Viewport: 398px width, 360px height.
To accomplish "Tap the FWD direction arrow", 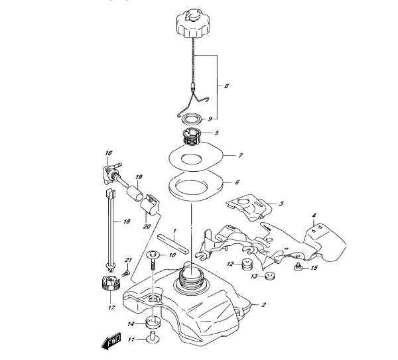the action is pos(111,341).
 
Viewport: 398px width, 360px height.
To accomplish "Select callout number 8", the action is pos(226,86).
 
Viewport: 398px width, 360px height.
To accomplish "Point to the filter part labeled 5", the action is pos(192,137).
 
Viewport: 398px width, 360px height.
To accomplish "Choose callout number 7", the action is pos(240,156).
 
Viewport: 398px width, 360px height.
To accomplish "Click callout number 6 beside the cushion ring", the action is pos(237,182).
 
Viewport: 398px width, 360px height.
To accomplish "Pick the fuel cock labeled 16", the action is pos(111,172).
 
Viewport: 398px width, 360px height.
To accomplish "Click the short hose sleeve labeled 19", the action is pos(135,194).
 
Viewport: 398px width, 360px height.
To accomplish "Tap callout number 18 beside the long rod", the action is pos(127,221).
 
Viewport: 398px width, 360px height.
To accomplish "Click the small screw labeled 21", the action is pos(126,273).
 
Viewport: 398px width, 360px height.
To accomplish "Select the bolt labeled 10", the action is pos(153,261).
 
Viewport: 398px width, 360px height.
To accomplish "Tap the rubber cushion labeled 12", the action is pos(247,265).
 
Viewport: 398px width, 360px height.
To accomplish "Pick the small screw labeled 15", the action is pos(298,267).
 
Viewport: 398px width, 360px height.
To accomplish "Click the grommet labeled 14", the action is pos(153,322).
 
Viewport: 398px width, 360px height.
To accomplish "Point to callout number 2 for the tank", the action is pos(263,304).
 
